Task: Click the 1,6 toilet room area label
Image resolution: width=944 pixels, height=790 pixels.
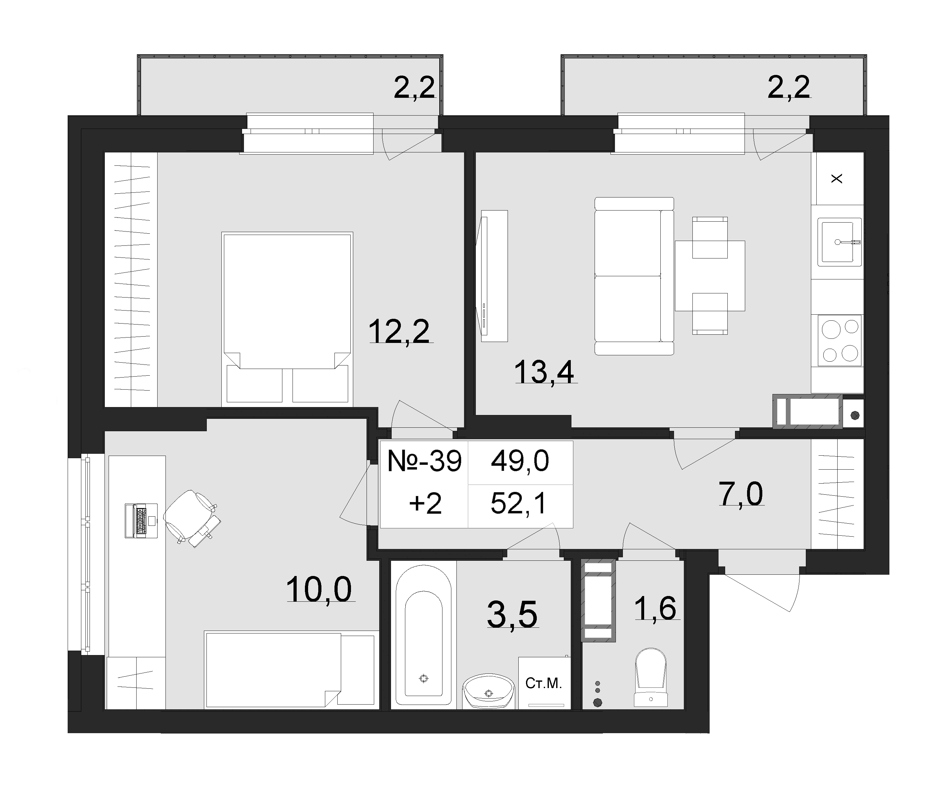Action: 655,608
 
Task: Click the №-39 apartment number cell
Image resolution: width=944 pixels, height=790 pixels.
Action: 424,461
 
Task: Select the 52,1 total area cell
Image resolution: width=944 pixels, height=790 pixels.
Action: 519,504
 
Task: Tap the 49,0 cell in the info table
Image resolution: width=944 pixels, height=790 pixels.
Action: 520,461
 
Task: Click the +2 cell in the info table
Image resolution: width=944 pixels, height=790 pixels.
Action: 425,504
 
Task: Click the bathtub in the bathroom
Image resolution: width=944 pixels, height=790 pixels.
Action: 423,635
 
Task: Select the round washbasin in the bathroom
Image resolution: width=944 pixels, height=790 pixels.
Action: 489,691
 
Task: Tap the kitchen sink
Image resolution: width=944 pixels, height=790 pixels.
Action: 839,242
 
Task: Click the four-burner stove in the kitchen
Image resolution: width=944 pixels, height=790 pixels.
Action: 840,340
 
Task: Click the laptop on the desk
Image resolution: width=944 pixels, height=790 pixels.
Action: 141,521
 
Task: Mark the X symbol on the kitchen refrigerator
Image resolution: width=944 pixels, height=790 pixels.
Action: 837,179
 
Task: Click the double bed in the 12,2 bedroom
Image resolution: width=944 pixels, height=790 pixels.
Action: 287,317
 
